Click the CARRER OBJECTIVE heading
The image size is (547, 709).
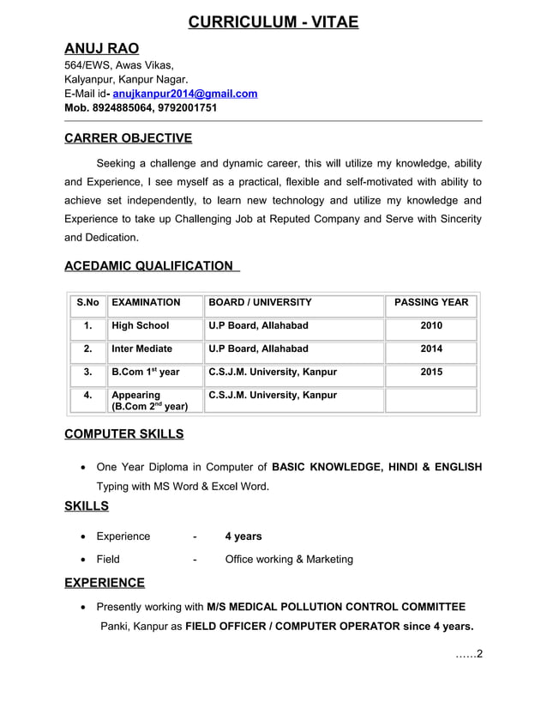[128, 138]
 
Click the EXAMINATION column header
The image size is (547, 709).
[146, 303]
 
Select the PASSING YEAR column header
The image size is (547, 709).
[430, 303]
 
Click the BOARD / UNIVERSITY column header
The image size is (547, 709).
[260, 303]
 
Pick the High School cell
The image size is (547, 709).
[141, 326]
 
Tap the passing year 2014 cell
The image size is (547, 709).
[430, 349]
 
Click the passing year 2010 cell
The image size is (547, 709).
[430, 326]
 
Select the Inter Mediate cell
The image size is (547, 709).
[142, 349]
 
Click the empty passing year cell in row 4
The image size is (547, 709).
[430, 400]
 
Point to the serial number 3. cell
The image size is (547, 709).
[87, 373]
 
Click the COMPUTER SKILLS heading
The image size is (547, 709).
[124, 434]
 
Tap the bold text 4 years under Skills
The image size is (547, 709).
[243, 536]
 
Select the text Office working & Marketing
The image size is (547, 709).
[289, 560]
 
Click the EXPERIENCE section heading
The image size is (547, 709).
[105, 583]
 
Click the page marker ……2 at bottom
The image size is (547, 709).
[469, 656]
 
